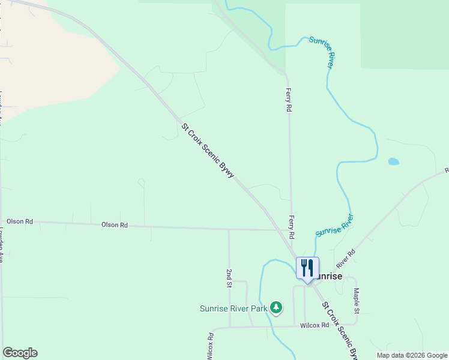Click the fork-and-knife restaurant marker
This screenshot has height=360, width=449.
coord(307,268)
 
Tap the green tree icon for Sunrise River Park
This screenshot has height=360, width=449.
coord(276,308)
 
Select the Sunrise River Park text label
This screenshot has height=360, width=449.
coord(234,309)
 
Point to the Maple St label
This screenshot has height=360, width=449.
coord(357,301)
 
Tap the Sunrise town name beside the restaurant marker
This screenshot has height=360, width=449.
coord(329,277)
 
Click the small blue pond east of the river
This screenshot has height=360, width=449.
coord(393,161)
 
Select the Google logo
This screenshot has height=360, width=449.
coord(20,353)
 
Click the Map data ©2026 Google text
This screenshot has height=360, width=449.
coord(412,355)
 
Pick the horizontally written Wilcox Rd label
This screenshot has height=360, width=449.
coord(315,325)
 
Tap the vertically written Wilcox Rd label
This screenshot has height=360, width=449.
coord(210,346)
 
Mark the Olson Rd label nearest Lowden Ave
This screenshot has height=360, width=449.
coord(20,221)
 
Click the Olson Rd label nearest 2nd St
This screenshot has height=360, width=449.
coord(115,225)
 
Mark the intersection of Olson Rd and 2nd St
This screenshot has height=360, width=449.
coord(229,229)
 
